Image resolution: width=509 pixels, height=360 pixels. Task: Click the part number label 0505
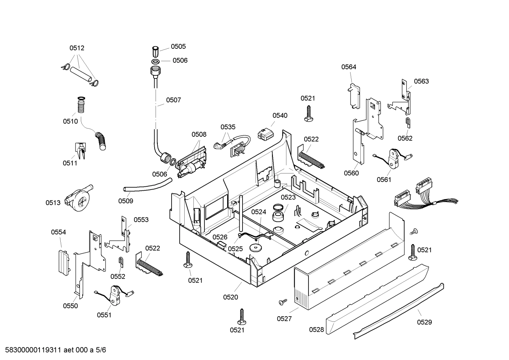tap(178, 46)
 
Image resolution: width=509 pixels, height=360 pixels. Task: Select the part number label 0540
tap(280, 115)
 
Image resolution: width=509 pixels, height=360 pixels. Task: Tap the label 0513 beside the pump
tap(53, 202)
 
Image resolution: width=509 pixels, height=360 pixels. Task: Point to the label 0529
tap(424, 322)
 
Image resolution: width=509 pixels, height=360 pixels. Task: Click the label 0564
tap(348, 67)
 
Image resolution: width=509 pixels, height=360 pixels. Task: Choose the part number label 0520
tap(230, 297)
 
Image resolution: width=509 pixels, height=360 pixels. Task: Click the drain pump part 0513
tap(79, 199)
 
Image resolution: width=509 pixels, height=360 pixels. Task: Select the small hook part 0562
tap(408, 123)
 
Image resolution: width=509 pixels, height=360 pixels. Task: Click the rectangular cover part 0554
tap(64, 262)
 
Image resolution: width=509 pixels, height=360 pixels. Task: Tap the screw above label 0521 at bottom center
tap(242, 316)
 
